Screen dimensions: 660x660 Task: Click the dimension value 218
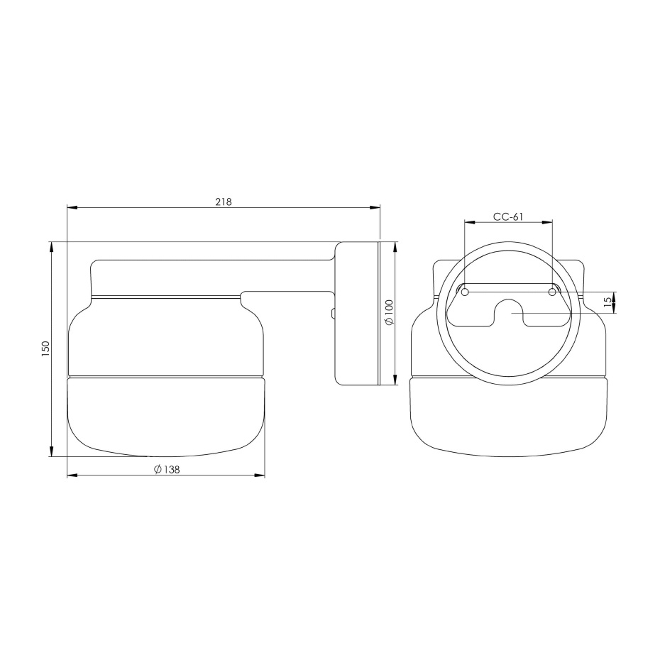click(x=224, y=202)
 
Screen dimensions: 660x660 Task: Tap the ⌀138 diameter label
click(x=166, y=470)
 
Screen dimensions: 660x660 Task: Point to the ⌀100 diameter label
click(x=389, y=313)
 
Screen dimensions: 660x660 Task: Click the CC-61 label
click(x=507, y=217)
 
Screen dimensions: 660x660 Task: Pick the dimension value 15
click(x=607, y=302)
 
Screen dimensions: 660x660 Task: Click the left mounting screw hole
click(x=465, y=292)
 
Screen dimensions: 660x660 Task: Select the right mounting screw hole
click(x=552, y=292)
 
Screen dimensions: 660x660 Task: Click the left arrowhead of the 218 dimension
click(x=72, y=208)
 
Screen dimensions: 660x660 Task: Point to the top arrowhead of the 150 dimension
click(x=52, y=246)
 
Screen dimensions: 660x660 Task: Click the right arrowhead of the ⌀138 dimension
click(x=260, y=475)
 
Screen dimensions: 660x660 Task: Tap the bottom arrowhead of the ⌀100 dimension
click(x=395, y=380)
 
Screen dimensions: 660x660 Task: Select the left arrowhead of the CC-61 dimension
click(x=468, y=223)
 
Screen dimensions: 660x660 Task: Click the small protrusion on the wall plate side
click(x=332, y=313)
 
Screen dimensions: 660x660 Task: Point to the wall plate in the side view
click(x=357, y=313)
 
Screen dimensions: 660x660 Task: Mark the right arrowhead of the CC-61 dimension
click(x=548, y=223)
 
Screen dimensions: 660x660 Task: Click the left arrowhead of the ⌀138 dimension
click(x=72, y=475)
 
